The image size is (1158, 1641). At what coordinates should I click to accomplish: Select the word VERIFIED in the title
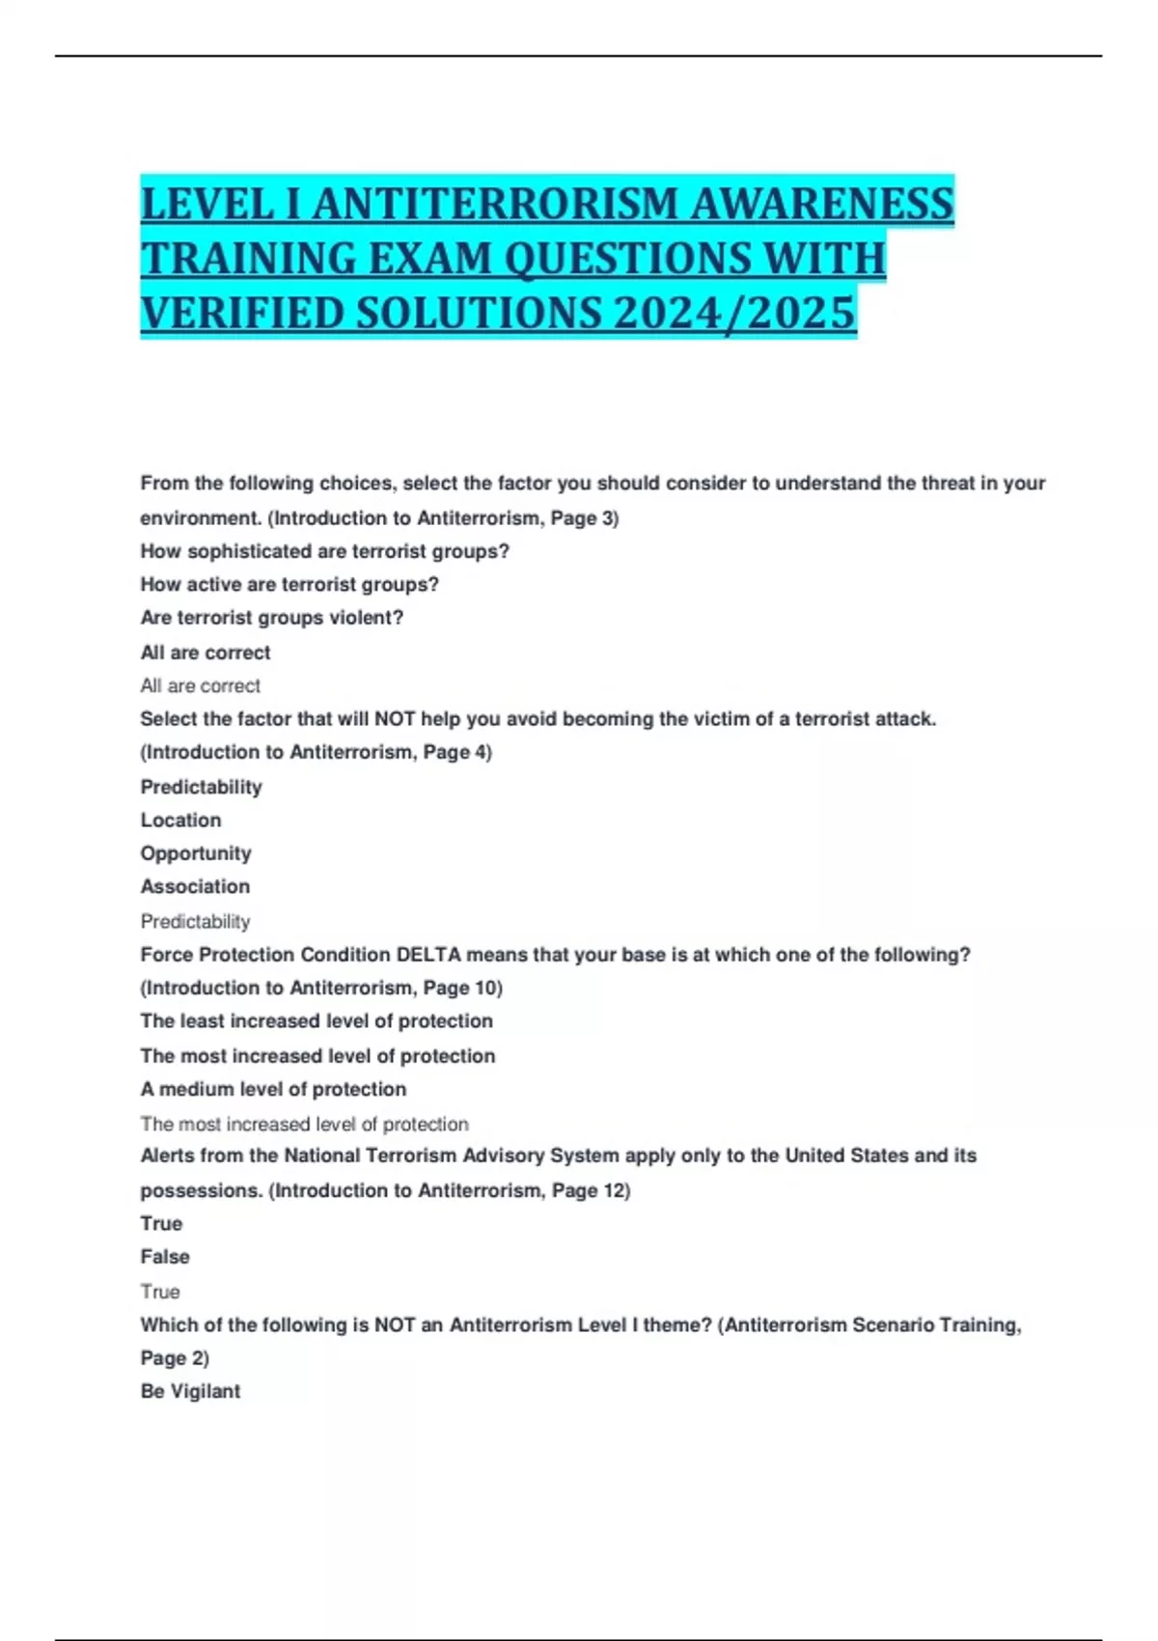(x=242, y=313)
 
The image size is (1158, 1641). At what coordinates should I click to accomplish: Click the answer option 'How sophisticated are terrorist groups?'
(x=324, y=551)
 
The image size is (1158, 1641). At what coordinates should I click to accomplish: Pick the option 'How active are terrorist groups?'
(x=289, y=584)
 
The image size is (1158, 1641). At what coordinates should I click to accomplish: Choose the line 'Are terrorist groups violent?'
(x=272, y=618)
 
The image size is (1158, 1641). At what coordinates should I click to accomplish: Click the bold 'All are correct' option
(x=206, y=653)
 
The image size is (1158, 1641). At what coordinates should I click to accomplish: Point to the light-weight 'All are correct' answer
(x=201, y=686)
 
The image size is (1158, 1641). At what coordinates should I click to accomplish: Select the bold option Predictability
(x=202, y=787)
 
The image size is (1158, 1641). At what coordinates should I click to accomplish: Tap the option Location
(x=181, y=820)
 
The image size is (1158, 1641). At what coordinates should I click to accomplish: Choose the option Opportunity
(x=196, y=853)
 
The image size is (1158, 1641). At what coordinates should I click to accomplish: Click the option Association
(x=195, y=886)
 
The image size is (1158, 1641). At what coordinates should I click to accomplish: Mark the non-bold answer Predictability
(x=195, y=922)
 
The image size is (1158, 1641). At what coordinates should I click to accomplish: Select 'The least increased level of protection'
(x=317, y=1021)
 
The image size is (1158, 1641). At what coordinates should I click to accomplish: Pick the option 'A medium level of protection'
(x=273, y=1089)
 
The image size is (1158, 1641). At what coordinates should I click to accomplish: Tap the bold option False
(x=165, y=1257)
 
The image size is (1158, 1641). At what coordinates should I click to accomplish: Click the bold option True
(x=161, y=1224)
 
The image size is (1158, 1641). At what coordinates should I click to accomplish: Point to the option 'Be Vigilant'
(x=190, y=1391)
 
